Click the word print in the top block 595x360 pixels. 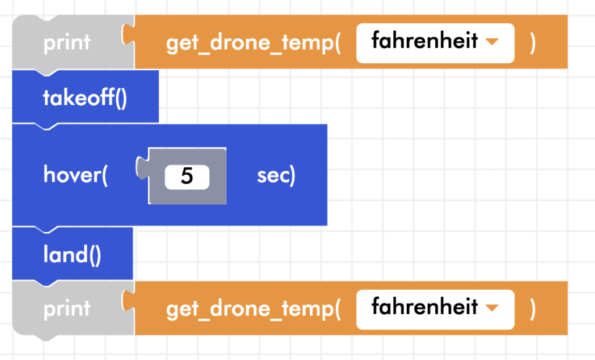[x=67, y=43]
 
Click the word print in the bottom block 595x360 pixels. [x=67, y=309]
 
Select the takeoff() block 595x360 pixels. [x=85, y=98]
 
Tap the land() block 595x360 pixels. [x=72, y=255]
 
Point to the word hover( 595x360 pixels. [x=76, y=175]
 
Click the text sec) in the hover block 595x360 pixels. [x=276, y=175]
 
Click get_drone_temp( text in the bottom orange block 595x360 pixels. [x=253, y=309]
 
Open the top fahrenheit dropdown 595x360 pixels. [x=435, y=42]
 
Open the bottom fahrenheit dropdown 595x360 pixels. [x=435, y=308]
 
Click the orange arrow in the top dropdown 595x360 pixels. [x=492, y=42]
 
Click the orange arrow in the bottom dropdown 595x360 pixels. [x=492, y=308]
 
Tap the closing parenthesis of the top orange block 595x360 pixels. [x=532, y=44]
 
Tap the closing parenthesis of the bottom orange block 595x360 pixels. [x=532, y=309]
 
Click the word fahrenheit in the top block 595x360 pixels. [x=424, y=42]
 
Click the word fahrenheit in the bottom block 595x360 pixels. [x=424, y=307]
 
